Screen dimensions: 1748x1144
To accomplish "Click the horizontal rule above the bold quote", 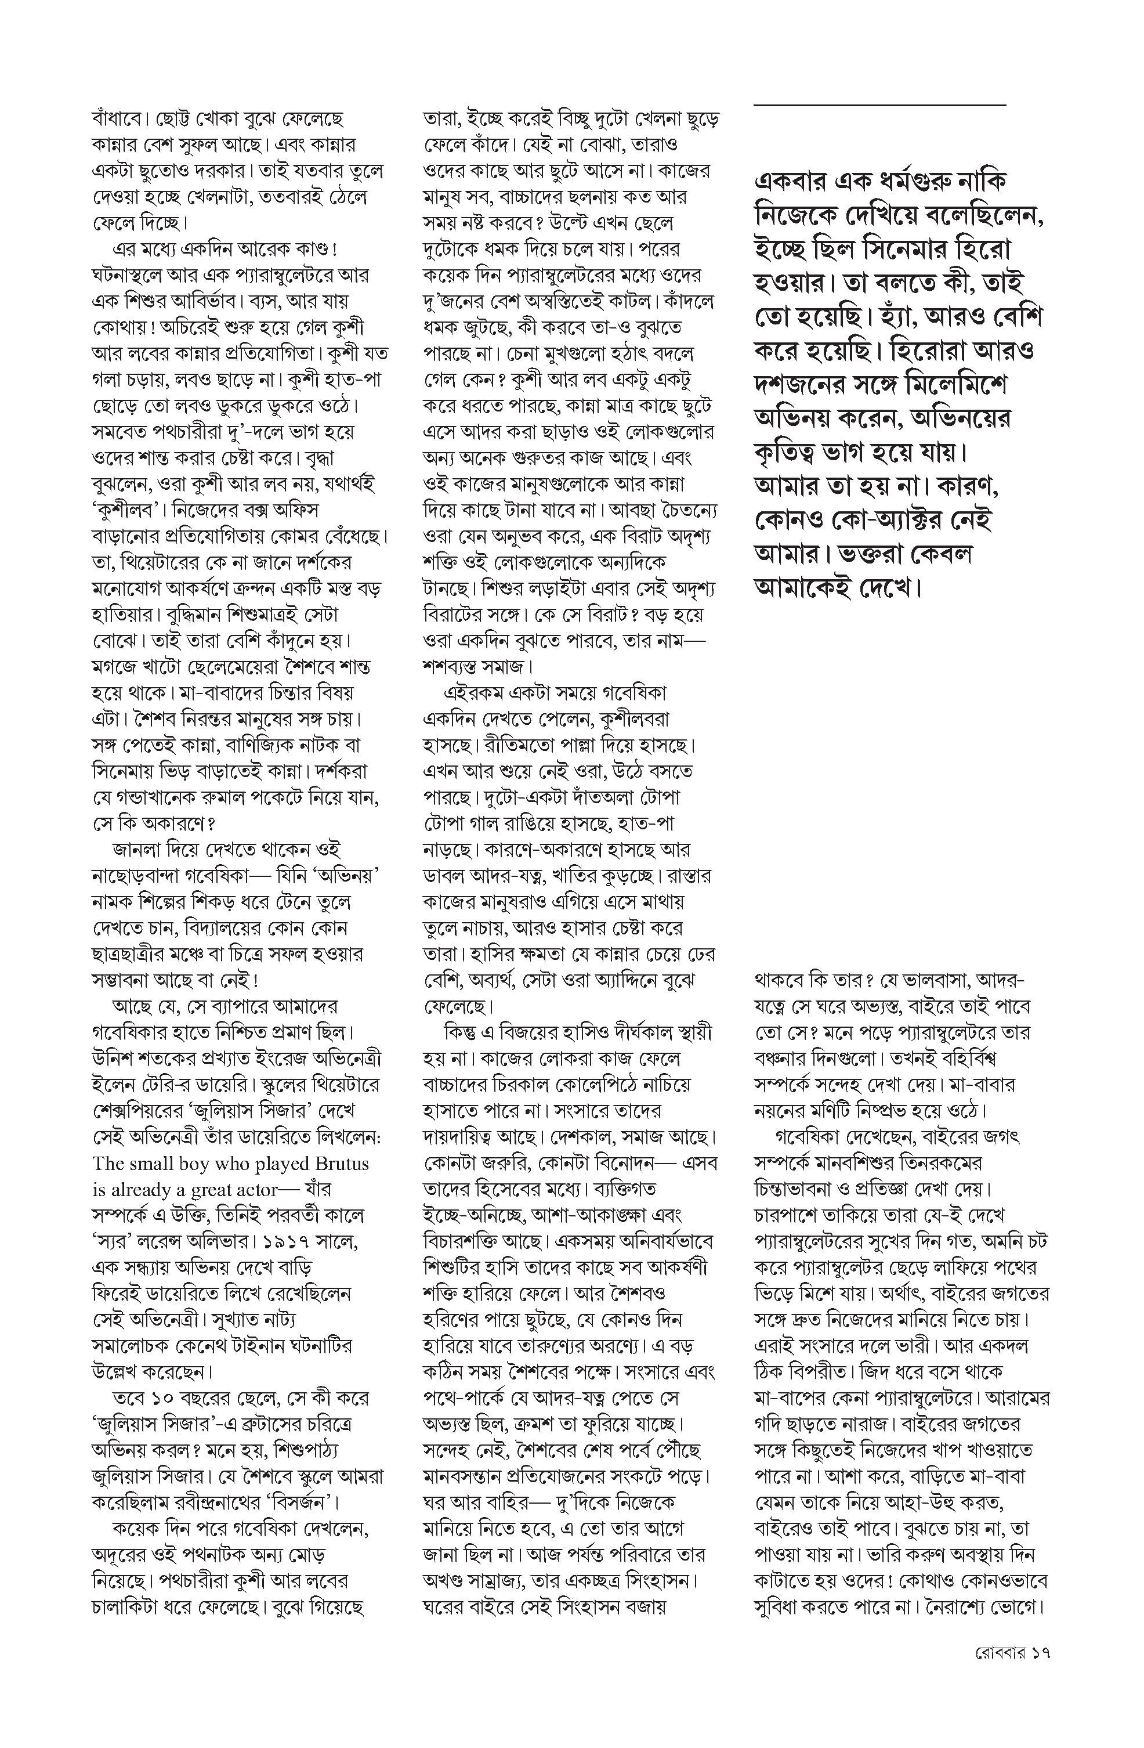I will click(x=879, y=106).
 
